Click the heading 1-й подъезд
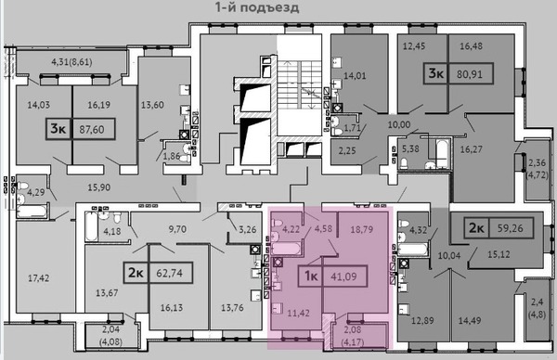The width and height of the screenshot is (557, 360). click(x=257, y=7)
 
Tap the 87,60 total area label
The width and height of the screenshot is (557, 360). click(x=92, y=130)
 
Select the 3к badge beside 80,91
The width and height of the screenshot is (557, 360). click(x=436, y=74)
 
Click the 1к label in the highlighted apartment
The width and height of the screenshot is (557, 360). click(x=311, y=276)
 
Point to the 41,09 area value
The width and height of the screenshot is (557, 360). click(x=343, y=276)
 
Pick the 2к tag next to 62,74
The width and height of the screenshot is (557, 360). click(x=136, y=273)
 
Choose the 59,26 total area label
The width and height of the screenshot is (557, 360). click(x=510, y=228)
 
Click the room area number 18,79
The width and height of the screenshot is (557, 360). click(x=362, y=229)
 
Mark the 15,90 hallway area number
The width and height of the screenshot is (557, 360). click(x=99, y=187)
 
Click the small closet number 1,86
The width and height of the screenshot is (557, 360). click(x=171, y=156)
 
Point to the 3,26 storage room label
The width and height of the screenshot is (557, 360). click(x=247, y=229)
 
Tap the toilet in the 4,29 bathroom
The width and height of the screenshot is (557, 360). click(x=22, y=186)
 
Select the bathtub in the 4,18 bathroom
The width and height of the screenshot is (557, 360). click(x=92, y=226)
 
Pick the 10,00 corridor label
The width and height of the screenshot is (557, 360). click(x=399, y=124)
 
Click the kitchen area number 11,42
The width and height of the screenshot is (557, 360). click(x=298, y=313)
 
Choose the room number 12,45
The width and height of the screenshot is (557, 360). click(x=414, y=45)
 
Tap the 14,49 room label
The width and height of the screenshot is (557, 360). click(x=469, y=321)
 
